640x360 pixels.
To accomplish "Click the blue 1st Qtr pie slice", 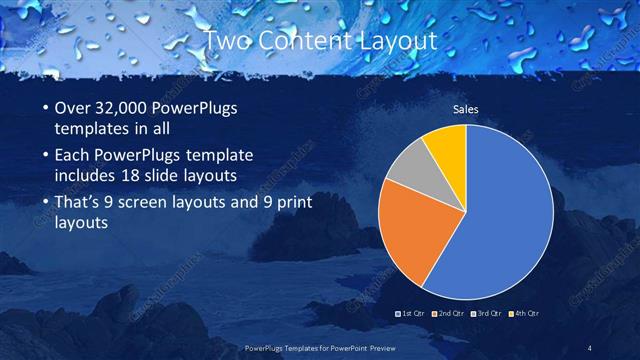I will click(500, 215).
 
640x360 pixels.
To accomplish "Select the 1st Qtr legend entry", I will click(412, 313).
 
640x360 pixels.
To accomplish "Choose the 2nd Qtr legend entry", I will click(449, 313).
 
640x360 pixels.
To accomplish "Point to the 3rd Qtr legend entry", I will click(488, 313).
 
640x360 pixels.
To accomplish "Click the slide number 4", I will click(590, 347).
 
